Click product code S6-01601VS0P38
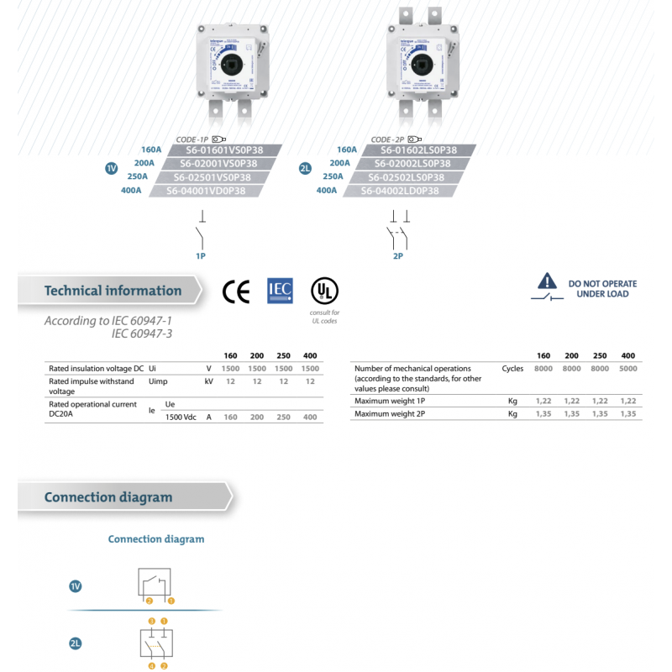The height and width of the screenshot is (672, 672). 217,150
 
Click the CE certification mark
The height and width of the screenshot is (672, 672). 236,291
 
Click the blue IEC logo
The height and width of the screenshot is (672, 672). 280,291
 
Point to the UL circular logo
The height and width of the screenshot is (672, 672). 324,291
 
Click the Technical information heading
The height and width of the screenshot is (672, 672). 113,291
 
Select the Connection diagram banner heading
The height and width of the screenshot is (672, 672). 108,497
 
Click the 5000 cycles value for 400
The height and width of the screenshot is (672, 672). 627,369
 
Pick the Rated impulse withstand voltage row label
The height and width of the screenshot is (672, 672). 91,386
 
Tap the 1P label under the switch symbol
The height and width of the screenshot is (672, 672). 201,255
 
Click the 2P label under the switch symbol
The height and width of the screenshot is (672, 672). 397,255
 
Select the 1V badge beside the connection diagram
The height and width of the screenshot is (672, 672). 75,586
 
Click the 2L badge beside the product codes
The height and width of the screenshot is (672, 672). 305,169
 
